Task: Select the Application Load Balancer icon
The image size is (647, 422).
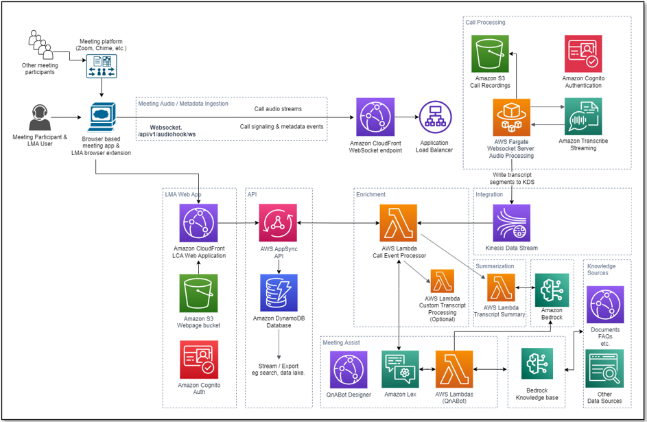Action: pos(434,117)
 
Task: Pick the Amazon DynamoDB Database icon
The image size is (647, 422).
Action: pos(278,293)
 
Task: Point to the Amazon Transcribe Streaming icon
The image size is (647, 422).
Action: pos(583,116)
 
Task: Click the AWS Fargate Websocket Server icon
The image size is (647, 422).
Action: pos(512,117)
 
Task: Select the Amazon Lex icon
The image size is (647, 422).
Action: pos(400,369)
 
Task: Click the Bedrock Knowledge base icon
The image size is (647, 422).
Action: pos(537,364)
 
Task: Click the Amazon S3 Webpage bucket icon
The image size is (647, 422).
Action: pos(198,293)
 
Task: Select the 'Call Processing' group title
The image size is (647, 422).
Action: pos(485,23)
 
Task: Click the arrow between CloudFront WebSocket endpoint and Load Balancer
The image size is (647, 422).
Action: pos(408,117)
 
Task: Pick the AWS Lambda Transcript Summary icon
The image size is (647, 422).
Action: pos(501,287)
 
